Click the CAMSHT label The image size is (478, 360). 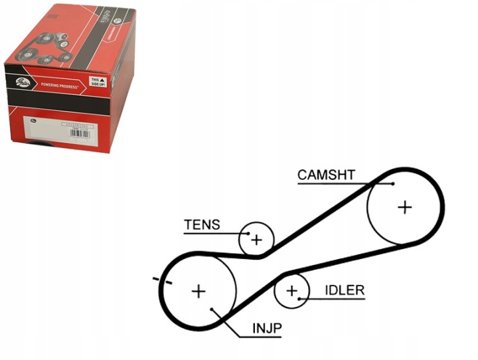(326, 175)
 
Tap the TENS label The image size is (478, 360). (201, 225)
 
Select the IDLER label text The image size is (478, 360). (345, 290)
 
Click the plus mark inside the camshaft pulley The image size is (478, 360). (404, 207)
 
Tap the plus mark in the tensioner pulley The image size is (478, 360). (257, 240)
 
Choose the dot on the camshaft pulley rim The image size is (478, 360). (393, 184)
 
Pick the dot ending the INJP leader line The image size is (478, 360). (211, 310)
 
